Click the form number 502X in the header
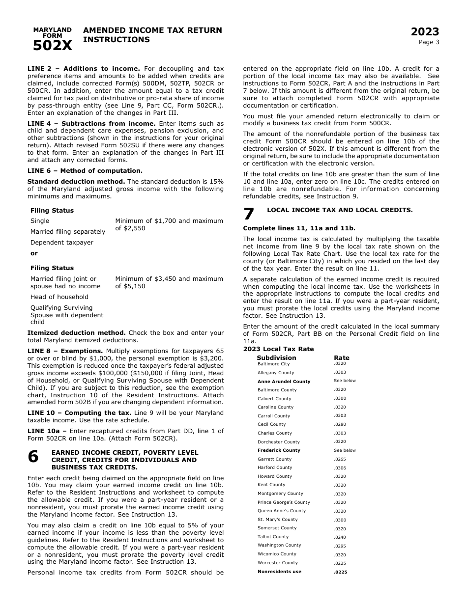[52, 46]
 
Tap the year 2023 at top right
[425, 32]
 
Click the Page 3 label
[429, 42]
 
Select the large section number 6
[33, 457]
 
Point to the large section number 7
[249, 214]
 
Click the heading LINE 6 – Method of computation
[85, 171]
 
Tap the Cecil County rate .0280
[340, 424]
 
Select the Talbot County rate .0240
[340, 537]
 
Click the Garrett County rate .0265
[340, 459]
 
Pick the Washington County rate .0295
[340, 546]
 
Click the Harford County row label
[274, 467]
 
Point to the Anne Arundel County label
[284, 382]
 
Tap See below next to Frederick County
[345, 450]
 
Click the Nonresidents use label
[279, 572]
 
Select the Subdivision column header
[276, 358]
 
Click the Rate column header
[342, 358]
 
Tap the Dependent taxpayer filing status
[61, 243]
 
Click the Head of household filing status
[59, 297]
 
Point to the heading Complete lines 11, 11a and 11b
[299, 228]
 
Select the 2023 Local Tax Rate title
[278, 349]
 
